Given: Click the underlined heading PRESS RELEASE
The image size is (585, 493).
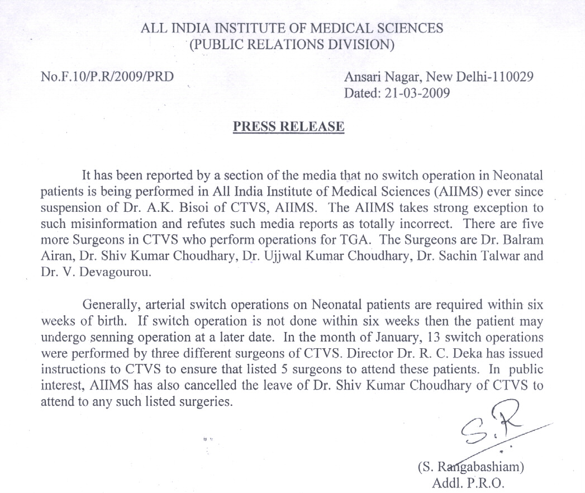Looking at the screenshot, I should tap(288, 127).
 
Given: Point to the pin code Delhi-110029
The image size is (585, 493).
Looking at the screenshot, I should tap(493, 77).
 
